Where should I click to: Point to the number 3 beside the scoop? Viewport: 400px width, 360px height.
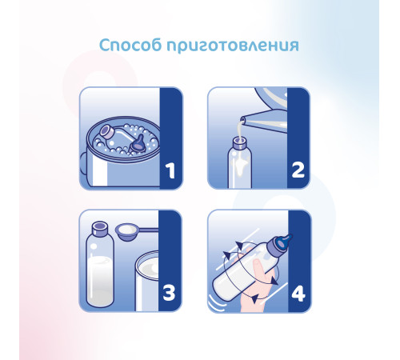(170, 292)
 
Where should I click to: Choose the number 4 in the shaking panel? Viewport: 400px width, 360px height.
(298, 292)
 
